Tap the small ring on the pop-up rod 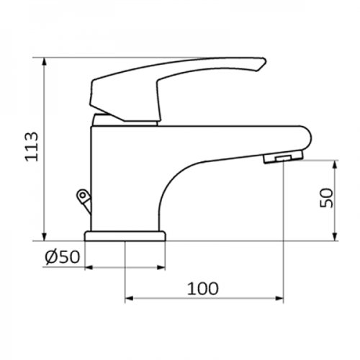[x=83, y=194]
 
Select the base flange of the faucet [x=125, y=236]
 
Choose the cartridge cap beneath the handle [x=126, y=119]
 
